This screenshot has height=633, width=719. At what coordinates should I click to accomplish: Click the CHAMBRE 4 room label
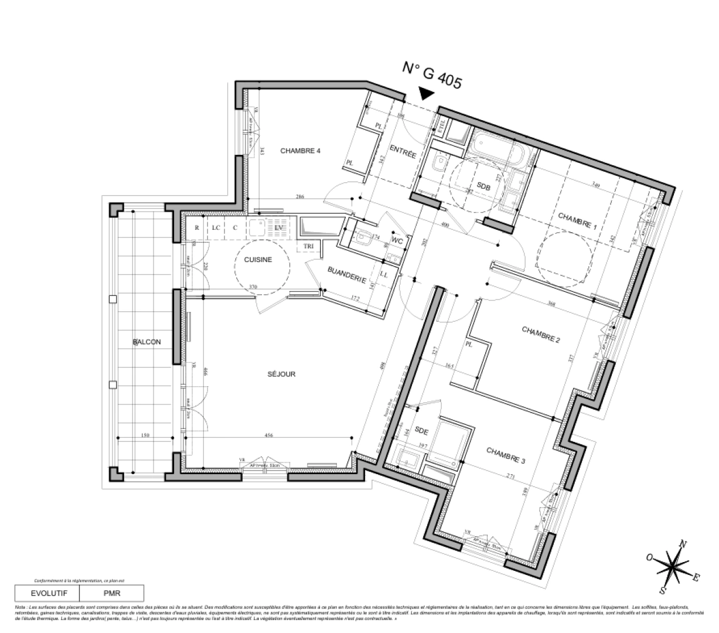[300, 151]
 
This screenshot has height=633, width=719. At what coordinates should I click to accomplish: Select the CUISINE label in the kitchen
[258, 260]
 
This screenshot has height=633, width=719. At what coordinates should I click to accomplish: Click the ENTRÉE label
[403, 154]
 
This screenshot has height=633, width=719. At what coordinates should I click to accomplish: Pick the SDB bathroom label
[483, 186]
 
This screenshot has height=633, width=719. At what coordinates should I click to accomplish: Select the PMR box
[111, 593]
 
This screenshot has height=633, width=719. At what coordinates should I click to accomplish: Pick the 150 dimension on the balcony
[146, 435]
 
